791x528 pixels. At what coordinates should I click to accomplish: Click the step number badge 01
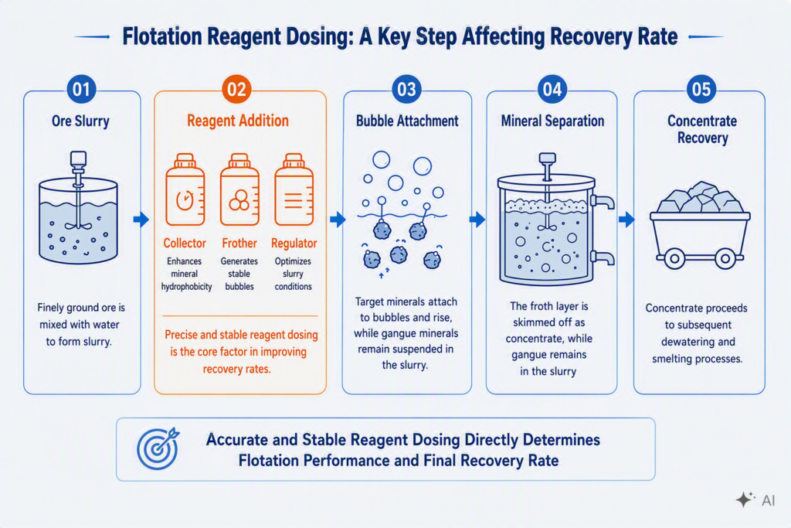tap(81, 90)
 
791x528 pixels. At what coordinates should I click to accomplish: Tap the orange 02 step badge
tap(236, 90)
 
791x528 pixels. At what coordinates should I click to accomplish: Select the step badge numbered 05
tap(701, 90)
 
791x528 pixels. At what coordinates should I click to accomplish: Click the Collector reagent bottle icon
tap(185, 189)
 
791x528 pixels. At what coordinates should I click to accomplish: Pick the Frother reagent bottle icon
tap(239, 189)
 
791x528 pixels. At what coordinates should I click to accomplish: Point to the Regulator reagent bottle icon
tap(294, 189)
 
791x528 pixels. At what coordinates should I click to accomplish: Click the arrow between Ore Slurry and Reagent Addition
tap(141, 219)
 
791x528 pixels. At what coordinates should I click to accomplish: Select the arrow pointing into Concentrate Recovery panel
tap(626, 219)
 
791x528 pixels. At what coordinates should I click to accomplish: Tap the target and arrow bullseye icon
tap(158, 448)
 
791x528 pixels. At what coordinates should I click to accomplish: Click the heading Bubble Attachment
tap(407, 121)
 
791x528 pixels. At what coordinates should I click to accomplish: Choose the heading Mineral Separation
tap(552, 121)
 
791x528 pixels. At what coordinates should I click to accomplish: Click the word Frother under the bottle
tap(239, 244)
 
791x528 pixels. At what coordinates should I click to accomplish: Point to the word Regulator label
tap(294, 244)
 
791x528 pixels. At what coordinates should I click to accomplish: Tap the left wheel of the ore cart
tap(674, 259)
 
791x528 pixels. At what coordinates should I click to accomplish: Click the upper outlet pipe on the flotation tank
tap(603, 202)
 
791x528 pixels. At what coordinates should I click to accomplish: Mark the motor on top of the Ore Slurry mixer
tap(78, 159)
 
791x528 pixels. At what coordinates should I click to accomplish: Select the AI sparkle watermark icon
tap(745, 499)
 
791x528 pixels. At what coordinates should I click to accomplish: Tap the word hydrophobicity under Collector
tap(187, 287)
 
